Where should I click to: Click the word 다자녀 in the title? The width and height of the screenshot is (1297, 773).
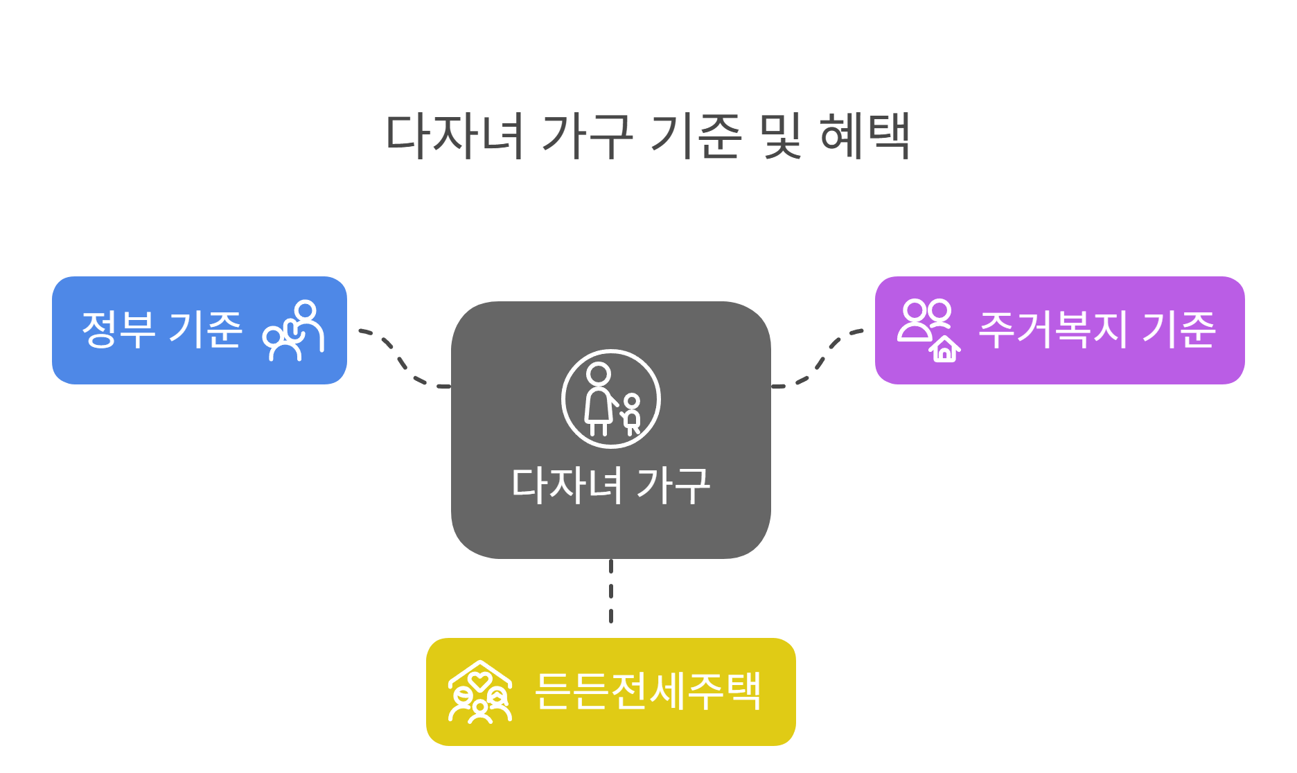(454, 135)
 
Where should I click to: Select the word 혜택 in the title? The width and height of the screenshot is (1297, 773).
(865, 135)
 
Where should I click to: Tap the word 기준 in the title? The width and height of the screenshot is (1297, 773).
(696, 135)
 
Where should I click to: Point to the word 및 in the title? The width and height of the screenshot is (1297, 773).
(780, 135)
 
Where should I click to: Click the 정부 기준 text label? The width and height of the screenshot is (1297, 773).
(162, 330)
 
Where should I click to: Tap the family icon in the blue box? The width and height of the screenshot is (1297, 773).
(293, 330)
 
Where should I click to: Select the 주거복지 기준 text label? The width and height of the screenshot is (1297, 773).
(1096, 330)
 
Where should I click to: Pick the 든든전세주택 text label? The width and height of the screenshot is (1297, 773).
(648, 691)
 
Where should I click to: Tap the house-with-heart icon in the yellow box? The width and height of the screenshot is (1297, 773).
(479, 692)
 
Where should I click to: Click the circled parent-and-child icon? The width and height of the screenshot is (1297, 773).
(610, 400)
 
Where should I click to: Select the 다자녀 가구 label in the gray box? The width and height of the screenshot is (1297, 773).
(610, 485)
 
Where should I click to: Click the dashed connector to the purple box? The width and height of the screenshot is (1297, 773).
(821, 358)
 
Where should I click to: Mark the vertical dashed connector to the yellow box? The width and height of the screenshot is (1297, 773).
(610, 592)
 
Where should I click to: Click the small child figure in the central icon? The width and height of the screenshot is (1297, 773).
(631, 414)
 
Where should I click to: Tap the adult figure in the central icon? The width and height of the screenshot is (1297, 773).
(598, 398)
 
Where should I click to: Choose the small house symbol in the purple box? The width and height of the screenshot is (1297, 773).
(945, 350)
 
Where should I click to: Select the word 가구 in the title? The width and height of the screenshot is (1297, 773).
(587, 135)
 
